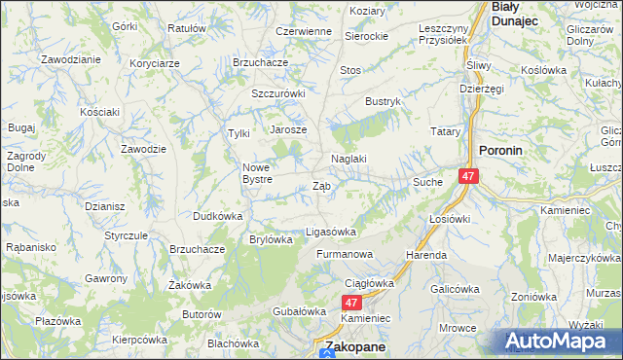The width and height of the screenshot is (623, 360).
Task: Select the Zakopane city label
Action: coord(354,346)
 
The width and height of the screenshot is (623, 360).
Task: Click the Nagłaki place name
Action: coord(348,160)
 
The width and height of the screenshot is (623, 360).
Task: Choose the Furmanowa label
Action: coord(345,254)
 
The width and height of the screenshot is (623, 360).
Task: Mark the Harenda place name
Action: coord(426,255)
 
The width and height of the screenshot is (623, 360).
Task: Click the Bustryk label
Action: coord(383,101)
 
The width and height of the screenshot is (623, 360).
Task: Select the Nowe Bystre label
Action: coord(263,172)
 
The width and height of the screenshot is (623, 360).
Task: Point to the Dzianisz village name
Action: coord(104,205)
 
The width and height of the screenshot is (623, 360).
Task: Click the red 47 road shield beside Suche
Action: coord(469,176)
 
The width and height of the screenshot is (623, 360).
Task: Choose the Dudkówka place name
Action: coord(217,216)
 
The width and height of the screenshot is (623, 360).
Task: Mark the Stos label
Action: coord(350,70)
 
